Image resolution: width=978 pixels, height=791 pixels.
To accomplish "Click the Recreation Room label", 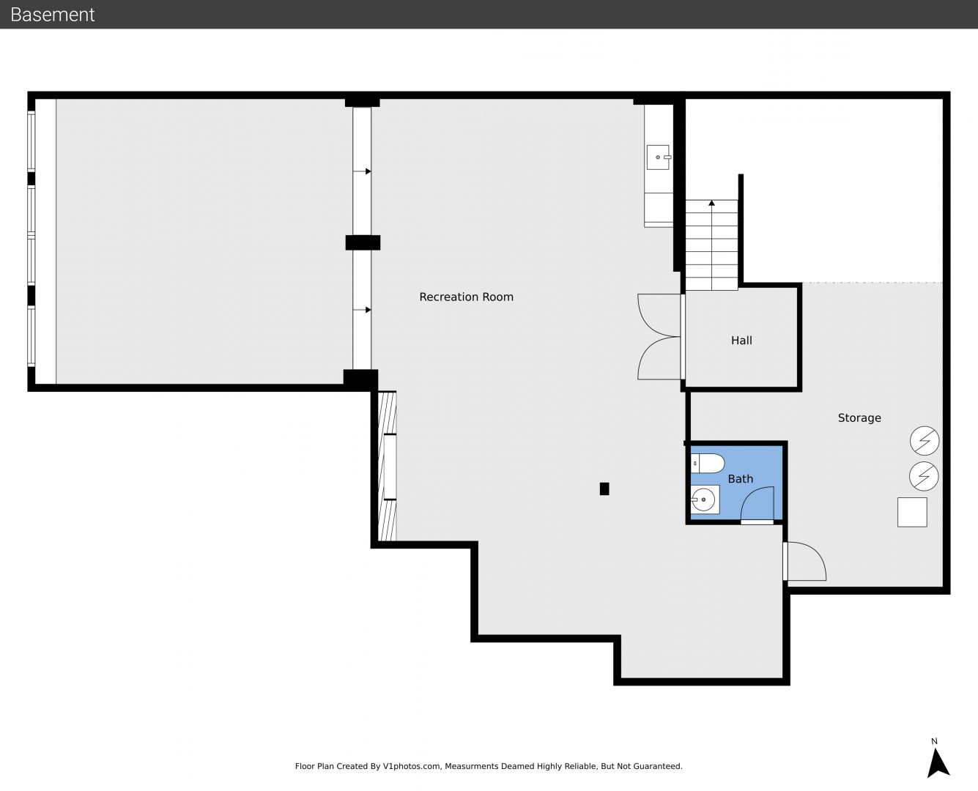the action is pyautogui.click(x=466, y=297).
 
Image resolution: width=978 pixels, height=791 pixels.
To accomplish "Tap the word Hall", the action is pyautogui.click(x=741, y=340).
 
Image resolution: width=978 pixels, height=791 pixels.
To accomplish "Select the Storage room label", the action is pyautogui.click(x=859, y=417).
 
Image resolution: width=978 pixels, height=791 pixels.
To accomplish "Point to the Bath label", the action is pyautogui.click(x=740, y=479).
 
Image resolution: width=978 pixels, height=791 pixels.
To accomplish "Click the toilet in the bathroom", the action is pyautogui.click(x=708, y=464).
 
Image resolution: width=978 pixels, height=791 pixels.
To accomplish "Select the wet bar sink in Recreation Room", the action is pyautogui.click(x=659, y=157).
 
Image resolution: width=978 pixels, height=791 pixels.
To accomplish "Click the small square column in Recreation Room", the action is pyautogui.click(x=604, y=489).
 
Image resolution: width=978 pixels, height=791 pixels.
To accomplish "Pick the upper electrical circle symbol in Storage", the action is pyautogui.click(x=925, y=441).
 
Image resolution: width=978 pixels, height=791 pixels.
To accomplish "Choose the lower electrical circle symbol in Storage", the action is pyautogui.click(x=924, y=476).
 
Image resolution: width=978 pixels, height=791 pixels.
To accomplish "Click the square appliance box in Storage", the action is pyautogui.click(x=912, y=512).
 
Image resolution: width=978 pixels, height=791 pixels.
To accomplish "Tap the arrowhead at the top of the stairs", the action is pyautogui.click(x=711, y=202).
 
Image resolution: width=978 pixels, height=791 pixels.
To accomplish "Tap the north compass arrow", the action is pyautogui.click(x=937, y=763).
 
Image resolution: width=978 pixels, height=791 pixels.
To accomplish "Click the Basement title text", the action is pyautogui.click(x=52, y=15).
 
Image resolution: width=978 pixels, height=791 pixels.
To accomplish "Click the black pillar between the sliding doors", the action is pyautogui.click(x=363, y=242).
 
